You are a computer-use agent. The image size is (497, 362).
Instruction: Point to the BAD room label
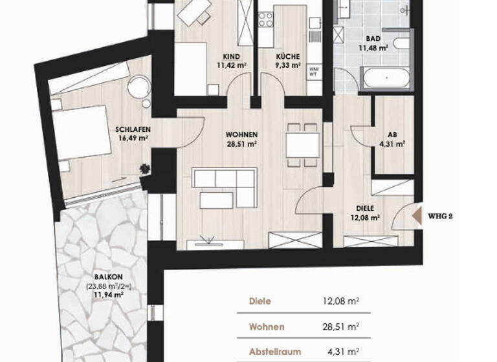[x=373, y=38]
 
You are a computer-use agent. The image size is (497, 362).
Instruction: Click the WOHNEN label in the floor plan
[x=242, y=134]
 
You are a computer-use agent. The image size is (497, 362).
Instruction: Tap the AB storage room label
[x=391, y=135]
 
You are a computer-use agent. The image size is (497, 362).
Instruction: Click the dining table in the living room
[x=302, y=141]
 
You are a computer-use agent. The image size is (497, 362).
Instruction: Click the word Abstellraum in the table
[x=275, y=353]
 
